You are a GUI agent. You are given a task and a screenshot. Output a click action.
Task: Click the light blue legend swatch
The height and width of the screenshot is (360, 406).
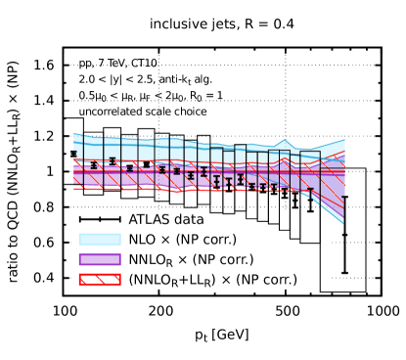pyautogui.click(x=100, y=239)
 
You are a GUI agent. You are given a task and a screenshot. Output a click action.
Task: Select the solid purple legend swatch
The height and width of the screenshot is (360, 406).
pyautogui.click(x=100, y=259)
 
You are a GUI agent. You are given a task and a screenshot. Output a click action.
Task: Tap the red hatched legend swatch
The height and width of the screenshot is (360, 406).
pyautogui.click(x=100, y=280)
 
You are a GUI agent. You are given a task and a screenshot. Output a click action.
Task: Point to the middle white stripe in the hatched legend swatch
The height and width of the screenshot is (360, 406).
pyautogui.click(x=100, y=280)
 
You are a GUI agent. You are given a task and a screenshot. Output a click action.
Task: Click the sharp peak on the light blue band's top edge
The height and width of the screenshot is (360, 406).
pyautogui.click(x=284, y=141)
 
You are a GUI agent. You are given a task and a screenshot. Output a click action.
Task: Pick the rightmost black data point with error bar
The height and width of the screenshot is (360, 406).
pyautogui.click(x=310, y=191)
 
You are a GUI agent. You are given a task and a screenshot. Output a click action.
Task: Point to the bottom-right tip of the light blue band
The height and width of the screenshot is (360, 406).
pyautogui.click(x=343, y=223)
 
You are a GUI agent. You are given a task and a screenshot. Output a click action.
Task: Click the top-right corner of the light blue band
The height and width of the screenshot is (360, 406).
pyautogui.click(x=344, y=140)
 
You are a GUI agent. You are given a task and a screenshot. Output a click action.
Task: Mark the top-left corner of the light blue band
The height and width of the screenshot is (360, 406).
pyautogui.click(x=74, y=133)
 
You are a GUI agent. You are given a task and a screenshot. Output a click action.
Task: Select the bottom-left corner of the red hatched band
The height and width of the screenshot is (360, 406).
pyautogui.click(x=74, y=189)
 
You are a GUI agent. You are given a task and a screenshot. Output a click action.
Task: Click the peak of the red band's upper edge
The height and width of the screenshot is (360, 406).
pyautogui.click(x=284, y=158)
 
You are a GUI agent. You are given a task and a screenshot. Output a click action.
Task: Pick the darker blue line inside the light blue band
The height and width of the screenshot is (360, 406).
pyautogui.click(x=196, y=150)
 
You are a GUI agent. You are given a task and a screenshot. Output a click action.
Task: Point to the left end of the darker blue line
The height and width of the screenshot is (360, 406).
pyautogui.click(x=74, y=143)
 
